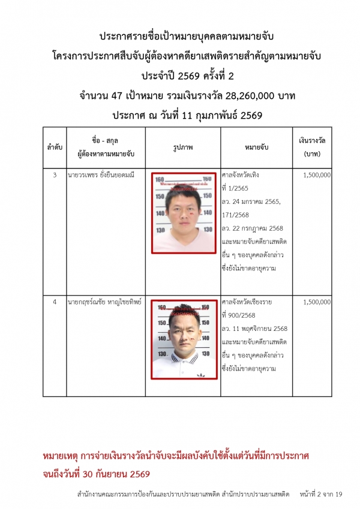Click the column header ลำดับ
[55, 146]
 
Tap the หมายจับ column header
[256, 146]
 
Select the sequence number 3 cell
[55, 175]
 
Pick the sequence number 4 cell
[55, 302]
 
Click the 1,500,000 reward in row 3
[317, 175]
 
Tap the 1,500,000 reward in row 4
[317, 302]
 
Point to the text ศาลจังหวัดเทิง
[242, 175]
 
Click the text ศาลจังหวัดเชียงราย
[247, 302]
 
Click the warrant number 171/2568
[235, 215]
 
